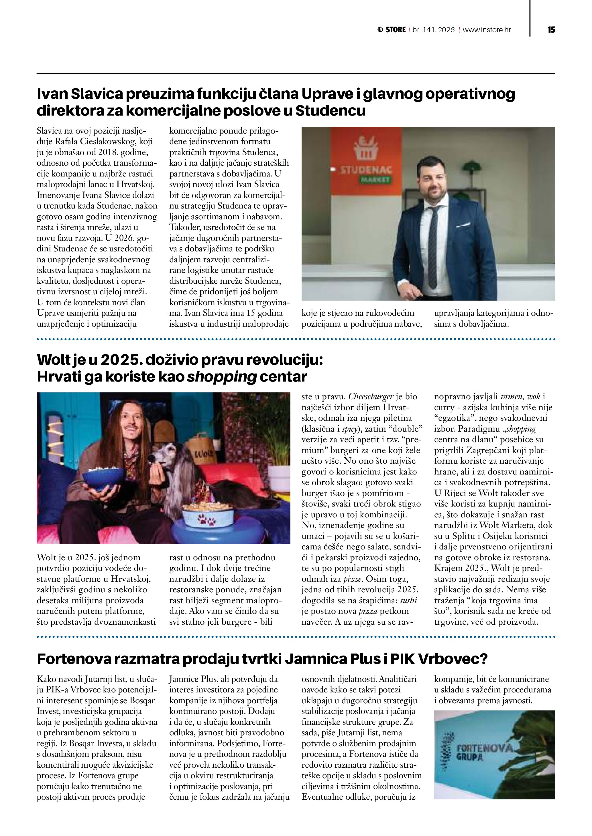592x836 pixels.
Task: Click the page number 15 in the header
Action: [x=551, y=30]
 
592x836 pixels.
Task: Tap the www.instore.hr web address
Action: [x=487, y=30]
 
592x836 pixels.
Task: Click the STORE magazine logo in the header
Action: [x=392, y=30]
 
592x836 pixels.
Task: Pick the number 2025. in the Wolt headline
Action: [x=119, y=360]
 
